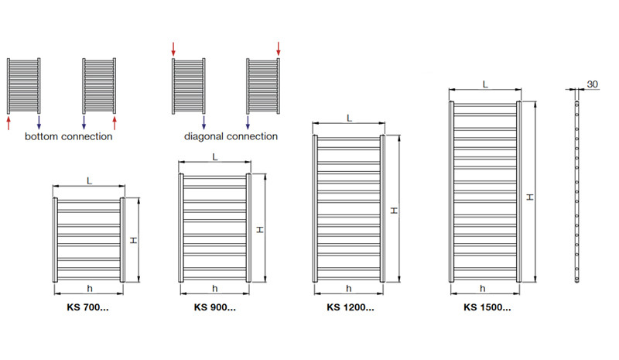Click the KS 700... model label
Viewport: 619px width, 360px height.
click(87, 307)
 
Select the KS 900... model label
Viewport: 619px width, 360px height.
click(215, 307)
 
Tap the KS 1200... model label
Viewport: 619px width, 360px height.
click(351, 307)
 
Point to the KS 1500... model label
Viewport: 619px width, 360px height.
click(487, 307)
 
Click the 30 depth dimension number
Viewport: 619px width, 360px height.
click(592, 84)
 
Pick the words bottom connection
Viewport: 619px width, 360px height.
click(69, 136)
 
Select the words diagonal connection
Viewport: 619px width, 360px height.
click(231, 137)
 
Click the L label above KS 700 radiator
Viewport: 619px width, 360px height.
click(89, 181)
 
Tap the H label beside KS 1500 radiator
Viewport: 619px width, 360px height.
click(530, 197)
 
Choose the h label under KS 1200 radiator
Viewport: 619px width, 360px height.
click(349, 289)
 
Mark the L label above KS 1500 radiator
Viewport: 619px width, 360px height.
click(485, 84)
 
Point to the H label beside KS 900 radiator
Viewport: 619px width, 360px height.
click(260, 230)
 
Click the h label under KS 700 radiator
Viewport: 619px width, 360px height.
click(90, 289)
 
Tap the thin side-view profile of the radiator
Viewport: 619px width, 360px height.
click(576, 192)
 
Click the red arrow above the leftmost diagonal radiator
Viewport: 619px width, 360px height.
click(173, 49)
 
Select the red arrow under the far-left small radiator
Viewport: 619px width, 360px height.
click(9, 122)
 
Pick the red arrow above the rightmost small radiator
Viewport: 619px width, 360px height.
click(279, 49)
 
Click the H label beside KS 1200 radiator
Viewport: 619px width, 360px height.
click(394, 211)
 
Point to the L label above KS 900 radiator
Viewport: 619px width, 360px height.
click(215, 157)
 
